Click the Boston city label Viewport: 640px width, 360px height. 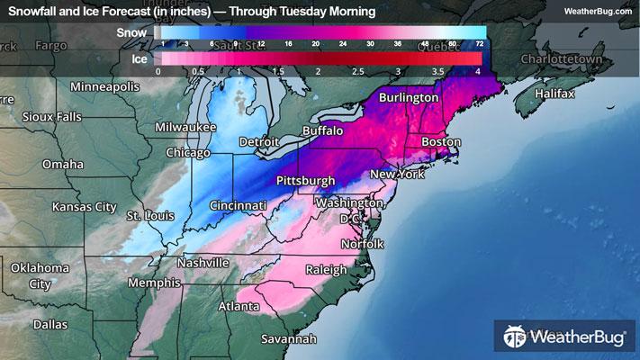pos(441,142)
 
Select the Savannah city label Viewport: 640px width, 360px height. pos(289,339)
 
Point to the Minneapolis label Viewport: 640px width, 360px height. pos(105,86)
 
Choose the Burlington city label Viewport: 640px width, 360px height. pos(408,97)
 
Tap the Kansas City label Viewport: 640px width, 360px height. pos(85,207)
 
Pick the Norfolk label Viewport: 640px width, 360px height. pos(362,244)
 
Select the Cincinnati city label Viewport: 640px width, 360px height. pos(238,206)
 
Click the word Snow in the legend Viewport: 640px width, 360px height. pos(131,32)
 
